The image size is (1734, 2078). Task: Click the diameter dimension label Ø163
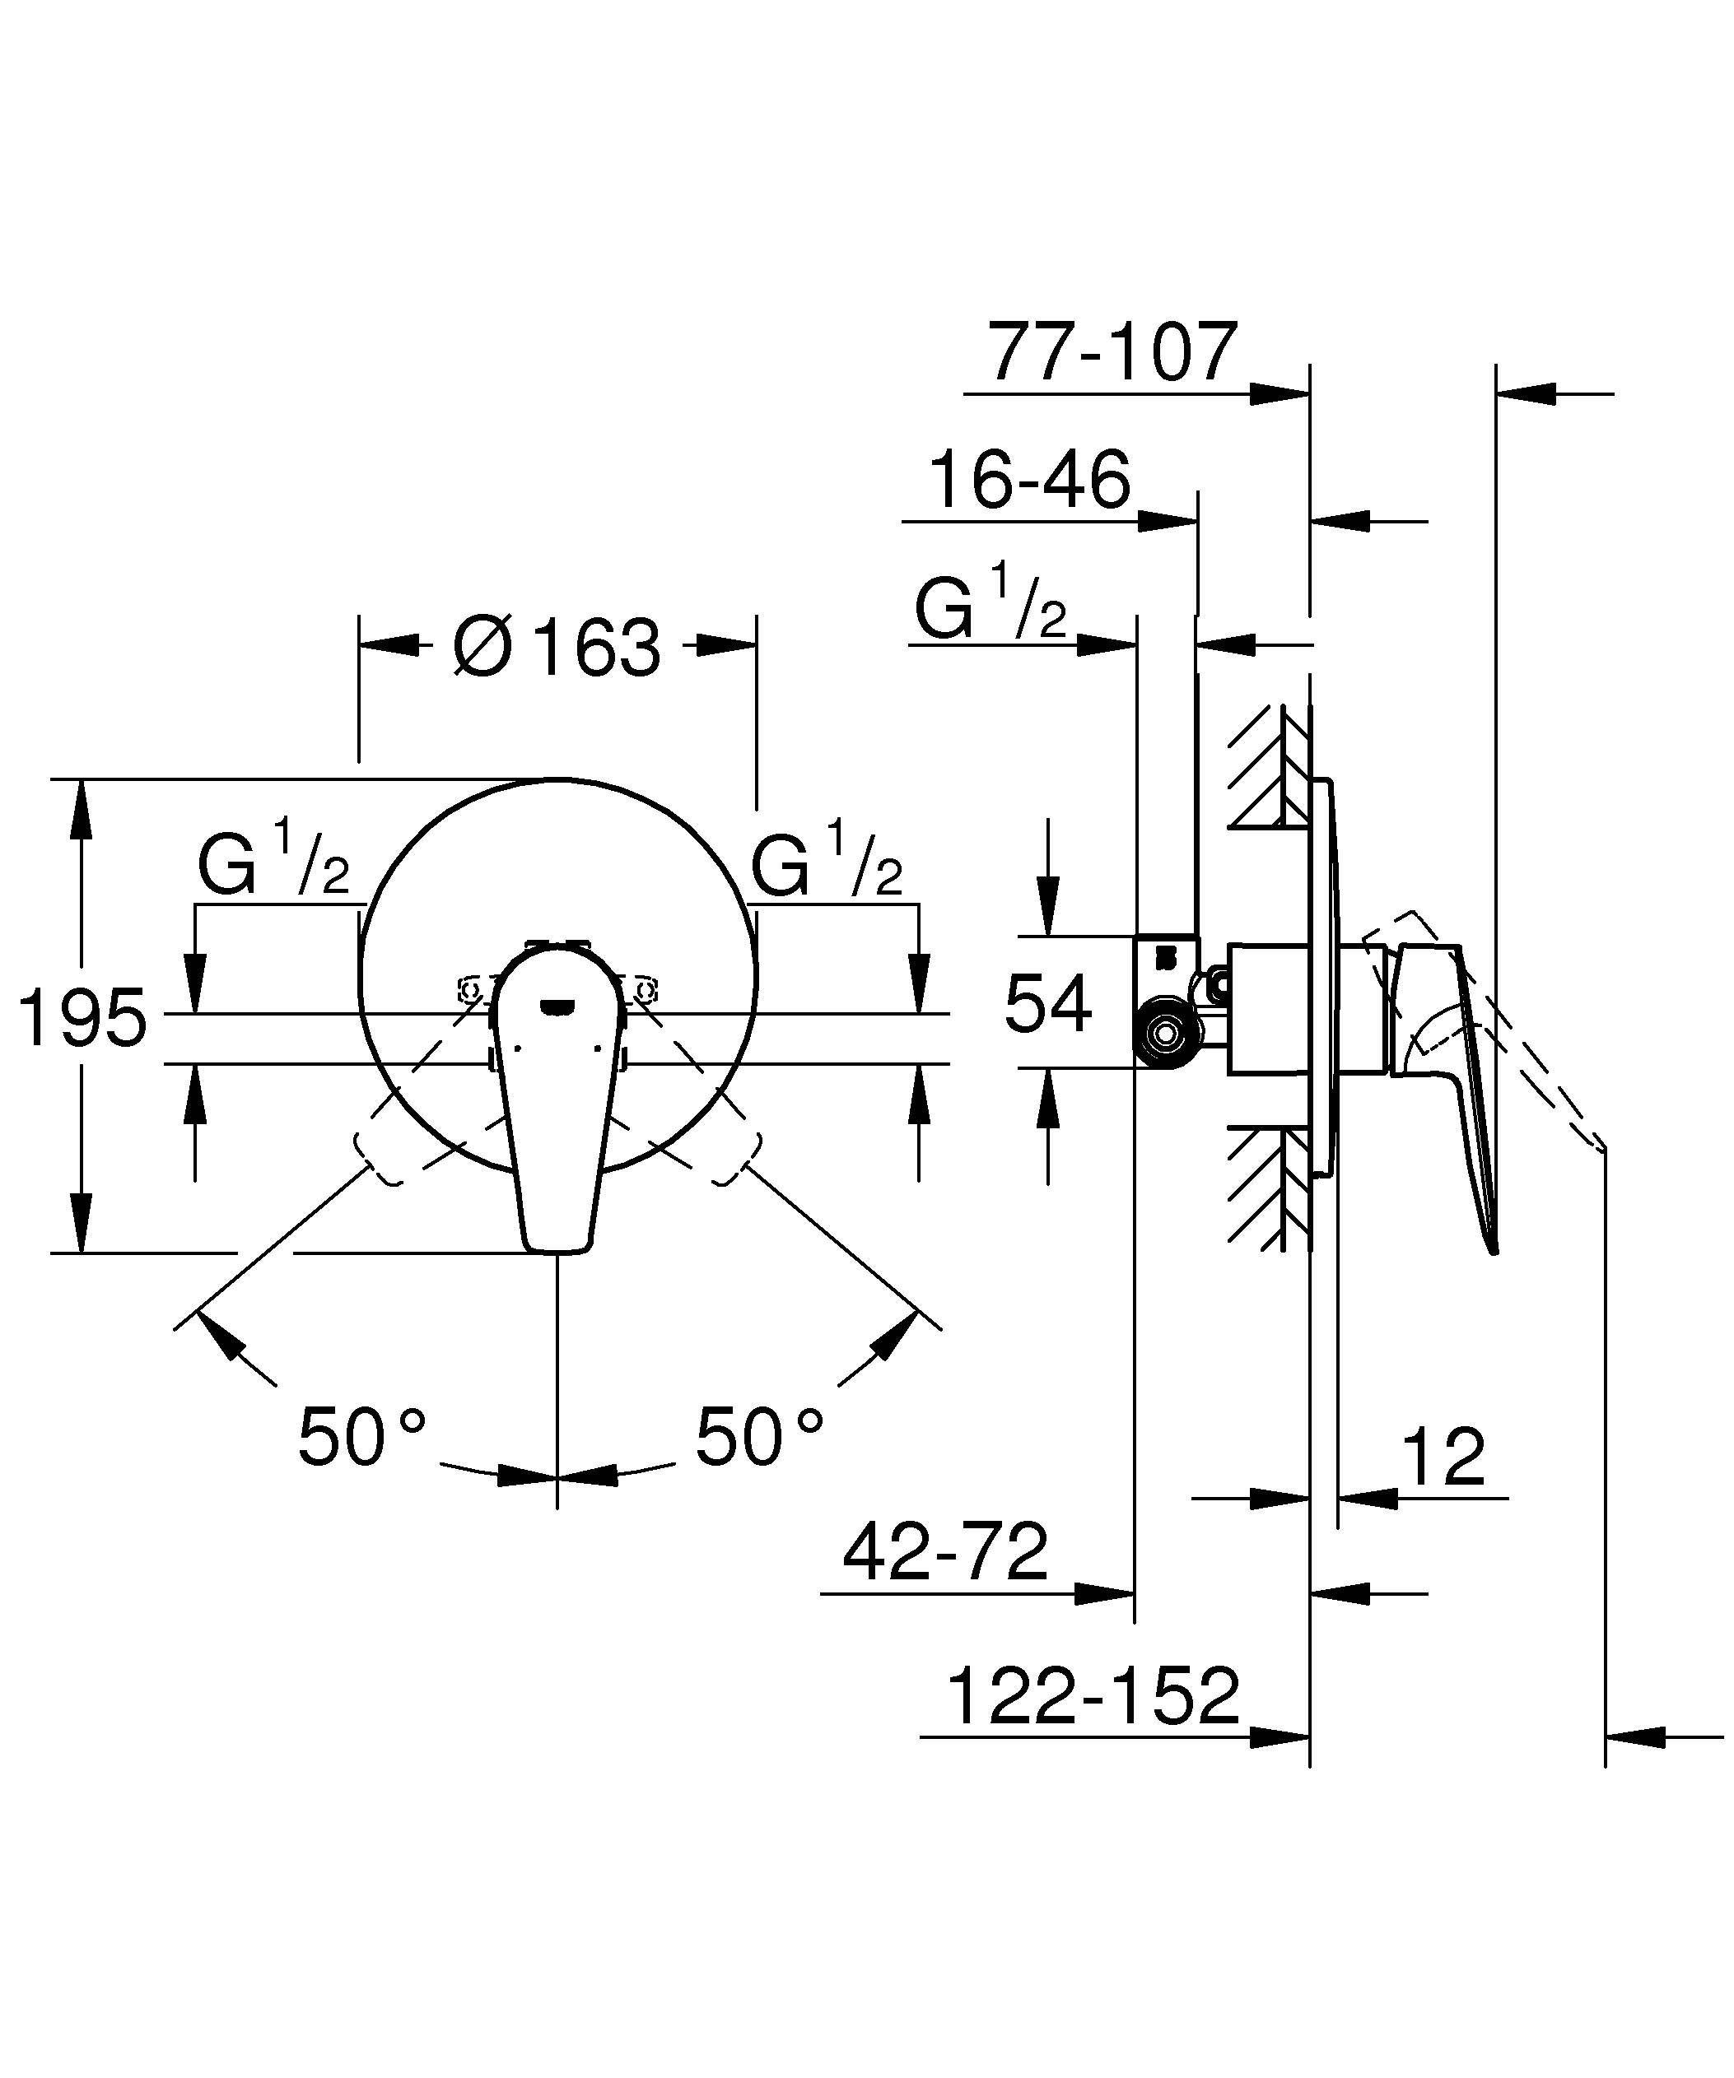coord(557,649)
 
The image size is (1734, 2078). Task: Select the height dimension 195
coord(84,1017)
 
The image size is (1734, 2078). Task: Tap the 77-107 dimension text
coord(1113,351)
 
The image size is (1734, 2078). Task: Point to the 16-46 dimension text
coord(1029,480)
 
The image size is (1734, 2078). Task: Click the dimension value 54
coord(1048,1003)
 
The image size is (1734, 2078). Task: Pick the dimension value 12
coord(1443,1457)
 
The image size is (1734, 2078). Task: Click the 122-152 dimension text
coord(1093,1696)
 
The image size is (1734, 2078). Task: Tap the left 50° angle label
coord(361,1437)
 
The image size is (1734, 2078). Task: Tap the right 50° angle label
coord(759,1437)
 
